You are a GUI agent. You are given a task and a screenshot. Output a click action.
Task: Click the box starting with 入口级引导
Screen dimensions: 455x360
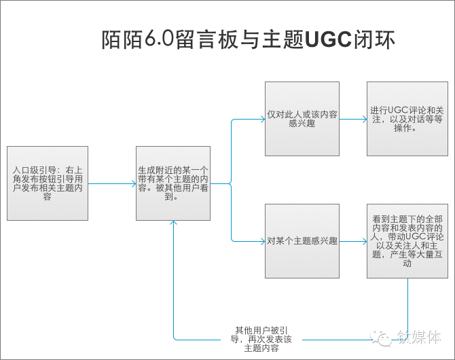(x=48, y=183)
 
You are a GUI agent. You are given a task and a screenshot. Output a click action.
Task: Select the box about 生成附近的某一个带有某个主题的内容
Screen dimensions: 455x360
(x=173, y=183)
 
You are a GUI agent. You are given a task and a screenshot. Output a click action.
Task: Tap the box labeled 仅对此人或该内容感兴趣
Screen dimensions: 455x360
(x=302, y=119)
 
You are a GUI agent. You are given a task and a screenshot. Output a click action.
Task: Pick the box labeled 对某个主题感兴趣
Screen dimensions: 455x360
(x=302, y=241)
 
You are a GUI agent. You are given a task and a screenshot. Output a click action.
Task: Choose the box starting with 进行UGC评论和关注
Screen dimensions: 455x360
(x=407, y=119)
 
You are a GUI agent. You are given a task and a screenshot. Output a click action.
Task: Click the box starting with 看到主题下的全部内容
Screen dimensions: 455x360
(x=407, y=241)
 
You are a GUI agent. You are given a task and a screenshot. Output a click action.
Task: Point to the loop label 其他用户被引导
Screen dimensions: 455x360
(x=261, y=339)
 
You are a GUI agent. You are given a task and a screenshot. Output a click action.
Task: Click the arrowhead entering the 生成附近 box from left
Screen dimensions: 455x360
(x=134, y=183)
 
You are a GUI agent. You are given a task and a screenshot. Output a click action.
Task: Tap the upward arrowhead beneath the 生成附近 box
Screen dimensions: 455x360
(x=174, y=223)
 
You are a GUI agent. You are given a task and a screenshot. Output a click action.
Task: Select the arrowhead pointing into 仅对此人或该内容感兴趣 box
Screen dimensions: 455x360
(x=263, y=119)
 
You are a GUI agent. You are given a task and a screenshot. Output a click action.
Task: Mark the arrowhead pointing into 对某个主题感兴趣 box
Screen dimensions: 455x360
(x=263, y=241)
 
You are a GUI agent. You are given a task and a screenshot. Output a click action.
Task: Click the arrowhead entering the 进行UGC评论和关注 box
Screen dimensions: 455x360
(x=365, y=119)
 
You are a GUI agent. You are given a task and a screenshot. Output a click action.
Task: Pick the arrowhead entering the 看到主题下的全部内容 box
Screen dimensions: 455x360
(x=365, y=241)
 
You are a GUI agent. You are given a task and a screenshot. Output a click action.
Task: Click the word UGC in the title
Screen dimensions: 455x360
(x=329, y=39)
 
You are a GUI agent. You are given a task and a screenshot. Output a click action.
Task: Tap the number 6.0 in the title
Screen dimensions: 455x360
(x=159, y=39)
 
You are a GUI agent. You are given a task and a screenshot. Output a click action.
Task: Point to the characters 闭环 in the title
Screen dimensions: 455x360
(x=374, y=39)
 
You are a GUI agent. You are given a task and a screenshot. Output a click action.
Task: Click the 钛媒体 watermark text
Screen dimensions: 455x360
(x=419, y=338)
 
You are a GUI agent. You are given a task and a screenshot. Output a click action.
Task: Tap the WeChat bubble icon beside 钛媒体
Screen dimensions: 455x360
(x=381, y=338)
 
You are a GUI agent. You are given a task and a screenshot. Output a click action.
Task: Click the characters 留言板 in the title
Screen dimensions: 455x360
(x=206, y=39)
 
